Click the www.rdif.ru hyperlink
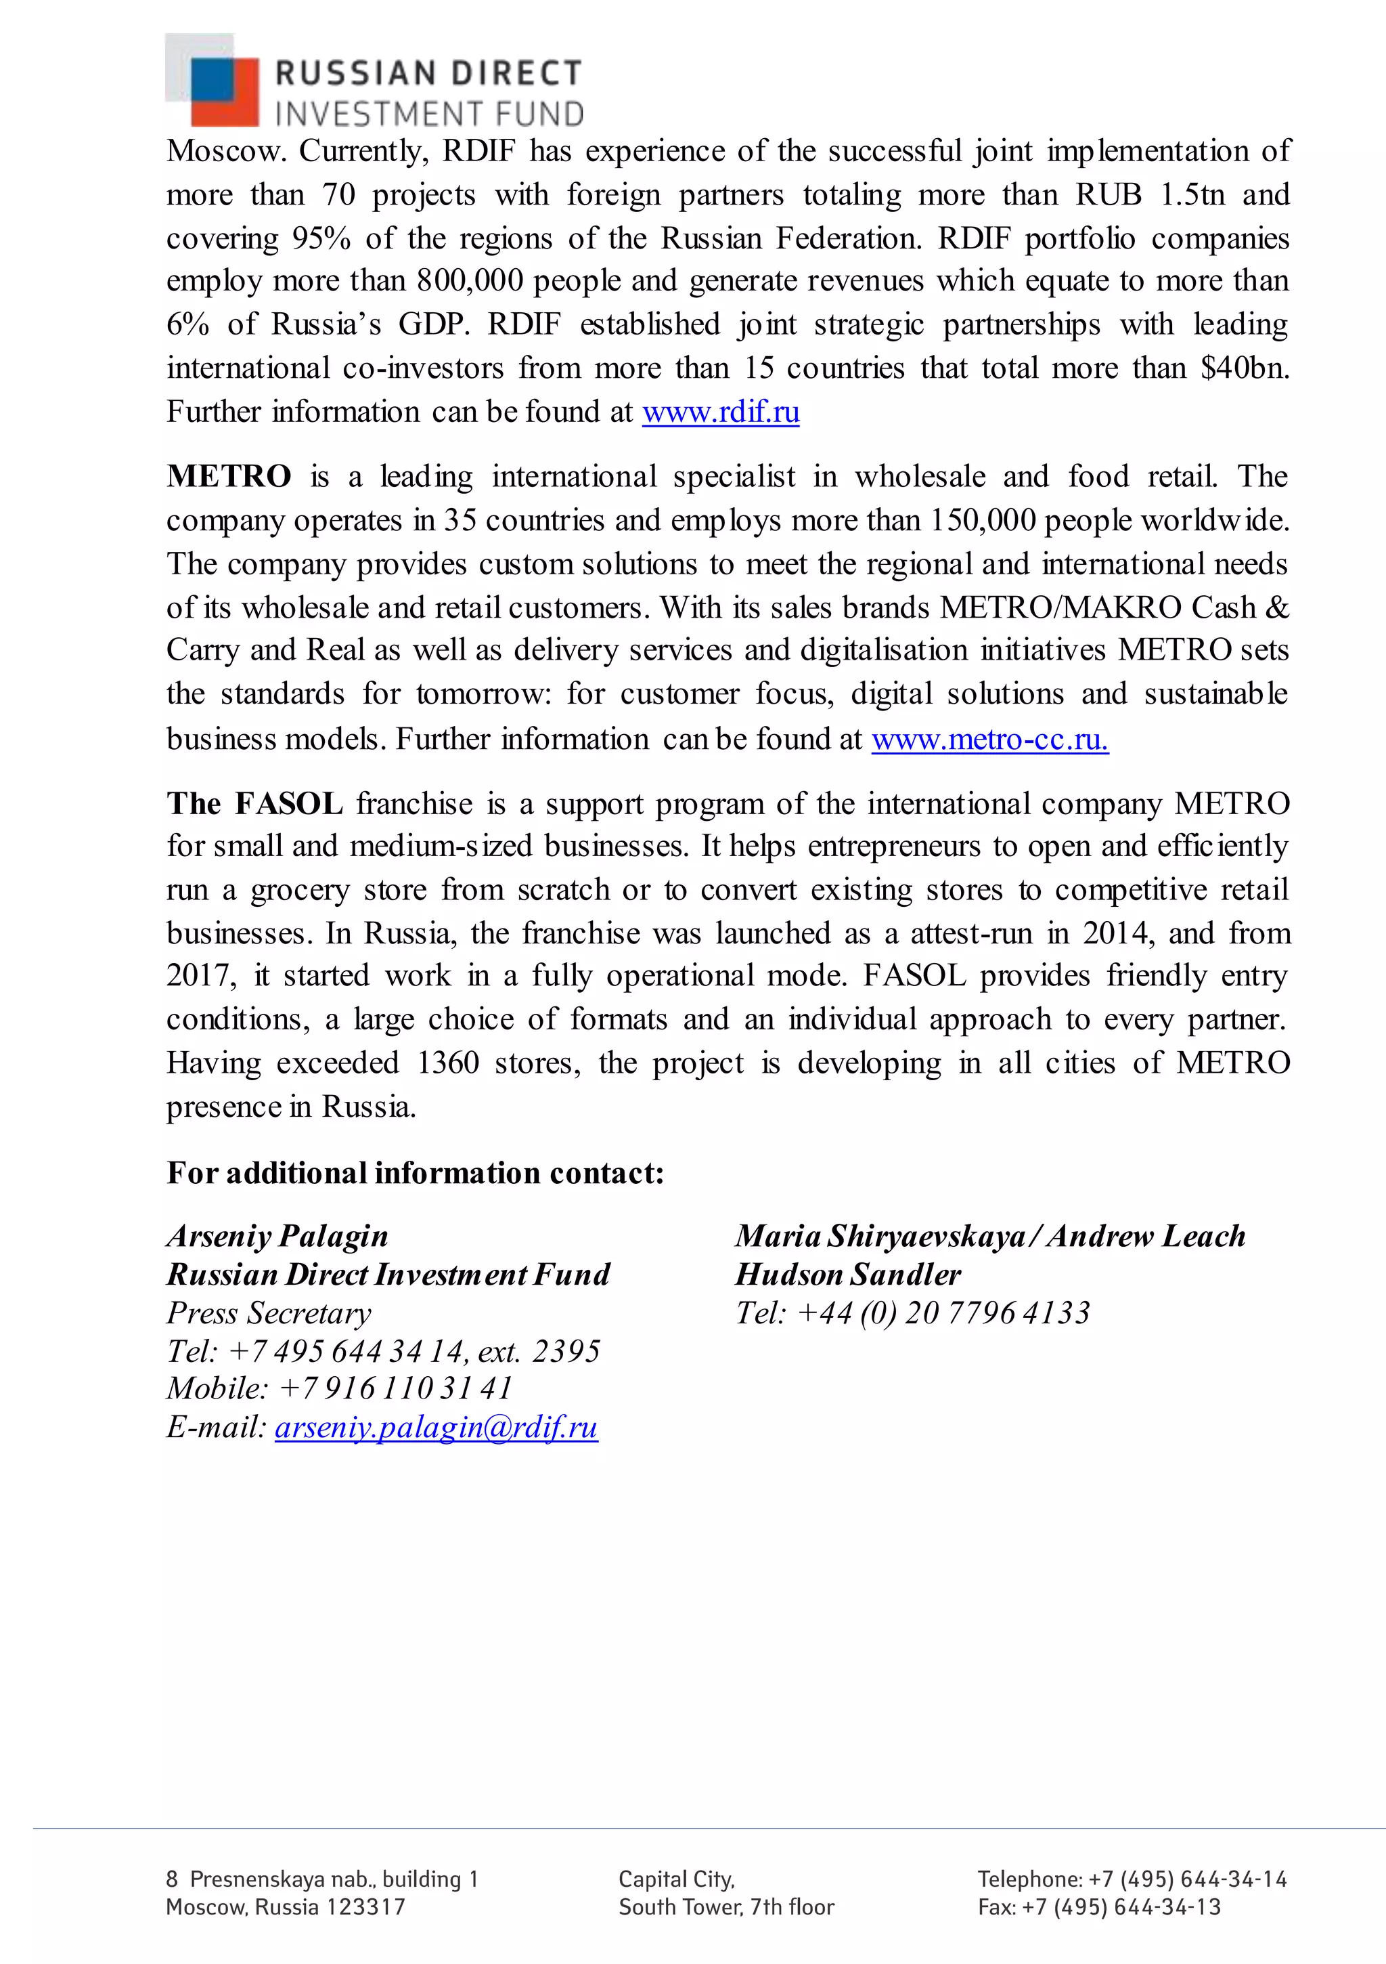pos(721,412)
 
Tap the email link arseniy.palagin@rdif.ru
pos(436,1427)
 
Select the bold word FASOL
pos(289,804)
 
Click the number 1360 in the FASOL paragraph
pos(448,1063)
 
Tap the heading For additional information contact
pos(415,1173)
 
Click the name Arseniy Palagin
pos(277,1236)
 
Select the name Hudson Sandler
pos(847,1275)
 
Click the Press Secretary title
pos(269,1313)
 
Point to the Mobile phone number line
pos(340,1388)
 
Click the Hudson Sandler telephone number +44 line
pos(912,1313)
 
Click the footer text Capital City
pos(675,1879)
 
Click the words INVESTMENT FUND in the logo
pos(429,114)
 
